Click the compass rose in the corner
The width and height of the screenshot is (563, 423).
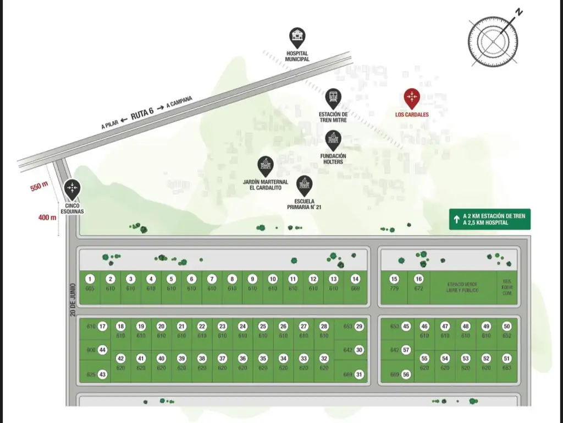pos(493,40)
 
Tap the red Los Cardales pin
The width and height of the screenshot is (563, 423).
pos(412,98)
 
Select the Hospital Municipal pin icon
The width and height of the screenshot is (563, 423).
pos(297,37)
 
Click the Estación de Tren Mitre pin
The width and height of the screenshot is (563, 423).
pos(333,99)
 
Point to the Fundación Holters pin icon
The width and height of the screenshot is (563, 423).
pos(333,139)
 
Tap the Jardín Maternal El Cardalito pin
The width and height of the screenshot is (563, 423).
pos(266,165)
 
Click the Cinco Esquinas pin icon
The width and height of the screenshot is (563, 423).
pos(72,188)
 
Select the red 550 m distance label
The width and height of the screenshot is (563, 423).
pos(39,187)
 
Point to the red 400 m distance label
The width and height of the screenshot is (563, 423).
pos(47,217)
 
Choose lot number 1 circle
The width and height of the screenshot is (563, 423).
pos(91,279)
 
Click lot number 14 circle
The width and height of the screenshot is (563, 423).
pos(355,279)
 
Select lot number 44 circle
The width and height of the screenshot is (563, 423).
pos(102,350)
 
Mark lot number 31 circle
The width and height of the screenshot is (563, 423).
pos(360,375)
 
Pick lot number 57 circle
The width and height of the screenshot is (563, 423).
pos(406,350)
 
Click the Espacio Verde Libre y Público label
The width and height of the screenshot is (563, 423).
pos(462,286)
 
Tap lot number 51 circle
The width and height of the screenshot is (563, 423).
pos(506,359)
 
